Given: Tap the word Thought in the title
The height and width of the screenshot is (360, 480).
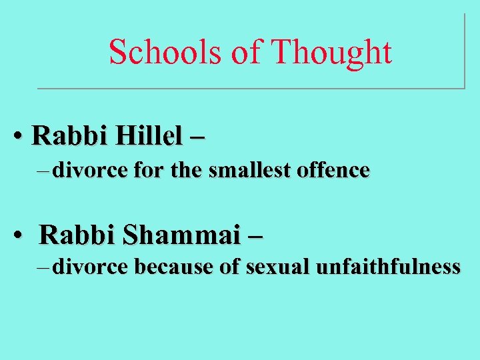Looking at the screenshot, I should [x=332, y=51].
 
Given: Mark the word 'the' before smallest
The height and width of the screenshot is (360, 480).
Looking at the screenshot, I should [x=184, y=171].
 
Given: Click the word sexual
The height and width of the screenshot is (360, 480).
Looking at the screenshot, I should [x=277, y=267].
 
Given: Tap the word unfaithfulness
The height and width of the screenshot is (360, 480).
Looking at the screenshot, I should [x=388, y=267].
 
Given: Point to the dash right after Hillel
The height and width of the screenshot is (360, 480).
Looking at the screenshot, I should [x=197, y=137].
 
